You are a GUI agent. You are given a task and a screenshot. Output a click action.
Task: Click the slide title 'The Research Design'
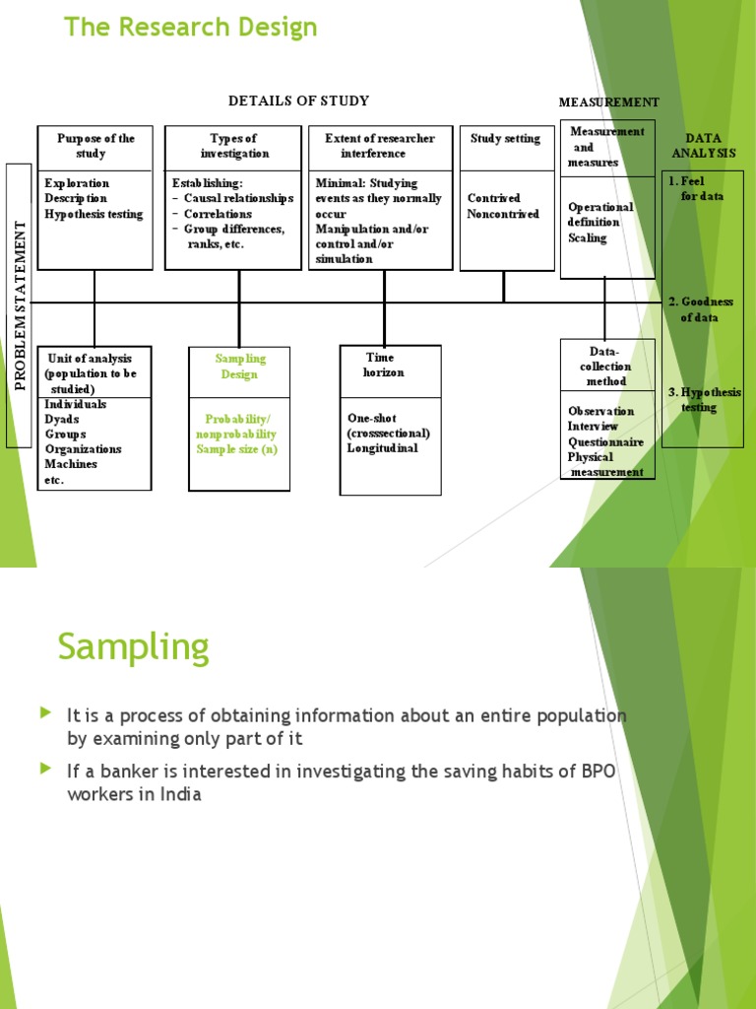(x=191, y=28)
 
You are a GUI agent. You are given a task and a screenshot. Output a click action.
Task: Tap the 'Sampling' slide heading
(x=134, y=646)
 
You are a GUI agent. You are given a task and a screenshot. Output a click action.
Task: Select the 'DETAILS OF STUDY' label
(x=299, y=101)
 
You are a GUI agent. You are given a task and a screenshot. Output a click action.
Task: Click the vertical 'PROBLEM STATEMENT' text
(x=20, y=305)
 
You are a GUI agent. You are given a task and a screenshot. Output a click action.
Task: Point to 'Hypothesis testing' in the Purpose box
(x=94, y=214)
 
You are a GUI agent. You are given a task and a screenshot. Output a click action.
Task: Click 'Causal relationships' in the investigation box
(x=238, y=198)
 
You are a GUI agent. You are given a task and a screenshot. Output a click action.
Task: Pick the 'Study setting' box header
(x=505, y=138)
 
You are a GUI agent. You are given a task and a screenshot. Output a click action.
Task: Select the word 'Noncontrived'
(x=503, y=214)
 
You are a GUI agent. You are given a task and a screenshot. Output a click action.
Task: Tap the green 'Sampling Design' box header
(x=240, y=367)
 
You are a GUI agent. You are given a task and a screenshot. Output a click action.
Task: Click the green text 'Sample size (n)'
(x=237, y=449)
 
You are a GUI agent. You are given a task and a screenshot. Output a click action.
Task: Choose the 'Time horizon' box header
(x=383, y=365)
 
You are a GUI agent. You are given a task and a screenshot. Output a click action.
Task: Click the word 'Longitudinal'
(x=383, y=448)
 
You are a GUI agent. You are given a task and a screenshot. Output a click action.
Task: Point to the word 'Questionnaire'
(x=605, y=442)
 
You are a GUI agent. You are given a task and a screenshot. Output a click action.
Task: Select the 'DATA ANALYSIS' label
(x=703, y=146)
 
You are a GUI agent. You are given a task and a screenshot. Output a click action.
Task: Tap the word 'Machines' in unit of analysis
(x=71, y=464)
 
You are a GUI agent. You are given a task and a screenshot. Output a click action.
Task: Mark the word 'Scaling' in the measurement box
(x=587, y=238)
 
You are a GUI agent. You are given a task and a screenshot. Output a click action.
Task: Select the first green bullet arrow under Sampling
(x=45, y=712)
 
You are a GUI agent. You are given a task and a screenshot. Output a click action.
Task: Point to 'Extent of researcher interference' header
(x=379, y=146)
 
